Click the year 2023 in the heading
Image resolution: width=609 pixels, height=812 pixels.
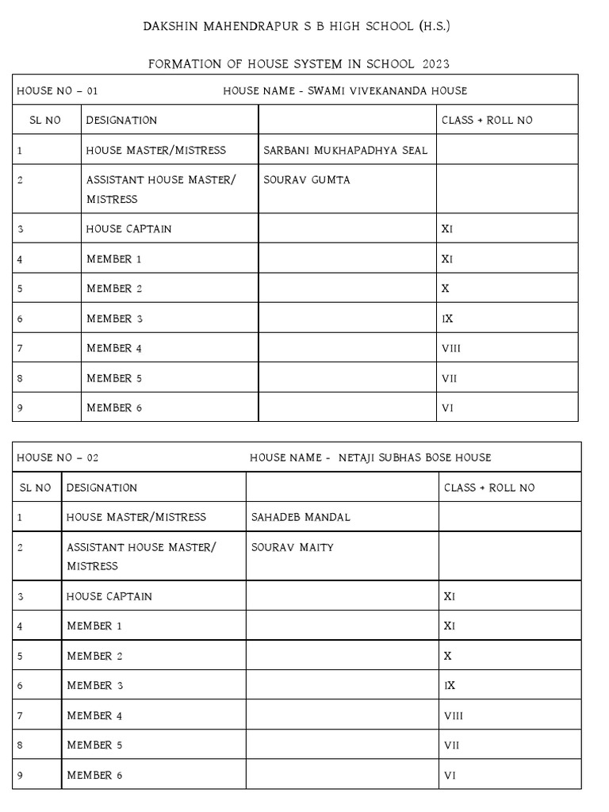tap(436, 63)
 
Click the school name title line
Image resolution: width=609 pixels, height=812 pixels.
tap(297, 27)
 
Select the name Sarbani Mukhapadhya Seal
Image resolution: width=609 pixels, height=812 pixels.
tap(345, 150)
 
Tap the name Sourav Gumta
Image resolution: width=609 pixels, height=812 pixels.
tap(307, 180)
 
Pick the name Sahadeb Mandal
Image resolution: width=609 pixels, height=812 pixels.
tap(301, 517)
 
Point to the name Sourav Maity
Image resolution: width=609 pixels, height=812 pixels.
tap(293, 547)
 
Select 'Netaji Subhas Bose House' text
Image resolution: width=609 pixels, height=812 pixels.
tap(415, 458)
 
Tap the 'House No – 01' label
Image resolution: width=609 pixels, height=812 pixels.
tap(57, 90)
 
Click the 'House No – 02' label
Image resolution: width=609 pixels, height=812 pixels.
tap(58, 458)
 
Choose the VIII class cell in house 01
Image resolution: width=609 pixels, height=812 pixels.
tap(450, 348)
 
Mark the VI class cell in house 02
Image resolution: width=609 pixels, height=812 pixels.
tap(450, 775)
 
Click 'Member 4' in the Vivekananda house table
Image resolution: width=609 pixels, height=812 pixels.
tap(114, 348)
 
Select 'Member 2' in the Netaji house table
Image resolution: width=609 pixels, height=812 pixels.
tap(95, 656)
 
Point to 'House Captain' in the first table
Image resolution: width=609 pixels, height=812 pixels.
tap(128, 229)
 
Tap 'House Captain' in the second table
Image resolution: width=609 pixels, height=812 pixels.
tap(109, 596)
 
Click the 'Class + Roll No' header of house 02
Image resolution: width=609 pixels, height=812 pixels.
tap(489, 488)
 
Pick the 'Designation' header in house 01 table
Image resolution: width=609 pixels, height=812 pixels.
tap(121, 121)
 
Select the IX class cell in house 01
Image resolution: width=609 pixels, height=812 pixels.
tap(446, 319)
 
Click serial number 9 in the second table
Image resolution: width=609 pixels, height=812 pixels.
tap(20, 775)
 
